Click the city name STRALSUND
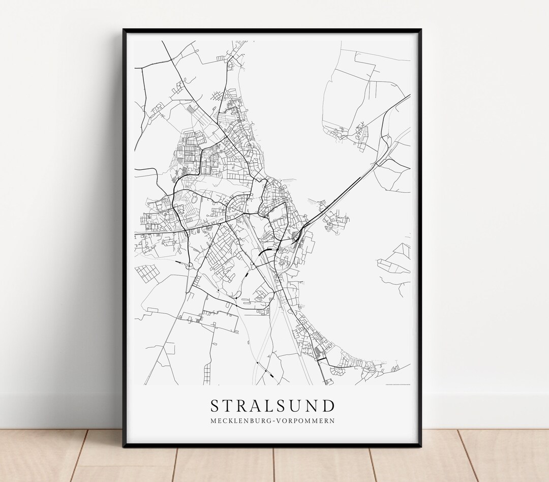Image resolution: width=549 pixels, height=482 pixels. coord(273,406)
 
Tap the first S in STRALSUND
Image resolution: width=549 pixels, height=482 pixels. coord(215,406)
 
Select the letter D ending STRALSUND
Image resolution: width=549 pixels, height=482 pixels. coord(329,406)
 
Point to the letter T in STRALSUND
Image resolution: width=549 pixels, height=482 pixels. coord(228,406)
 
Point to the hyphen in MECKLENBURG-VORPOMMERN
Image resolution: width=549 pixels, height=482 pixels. coord(274,421)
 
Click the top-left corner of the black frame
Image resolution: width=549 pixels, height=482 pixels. coord(124,30)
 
